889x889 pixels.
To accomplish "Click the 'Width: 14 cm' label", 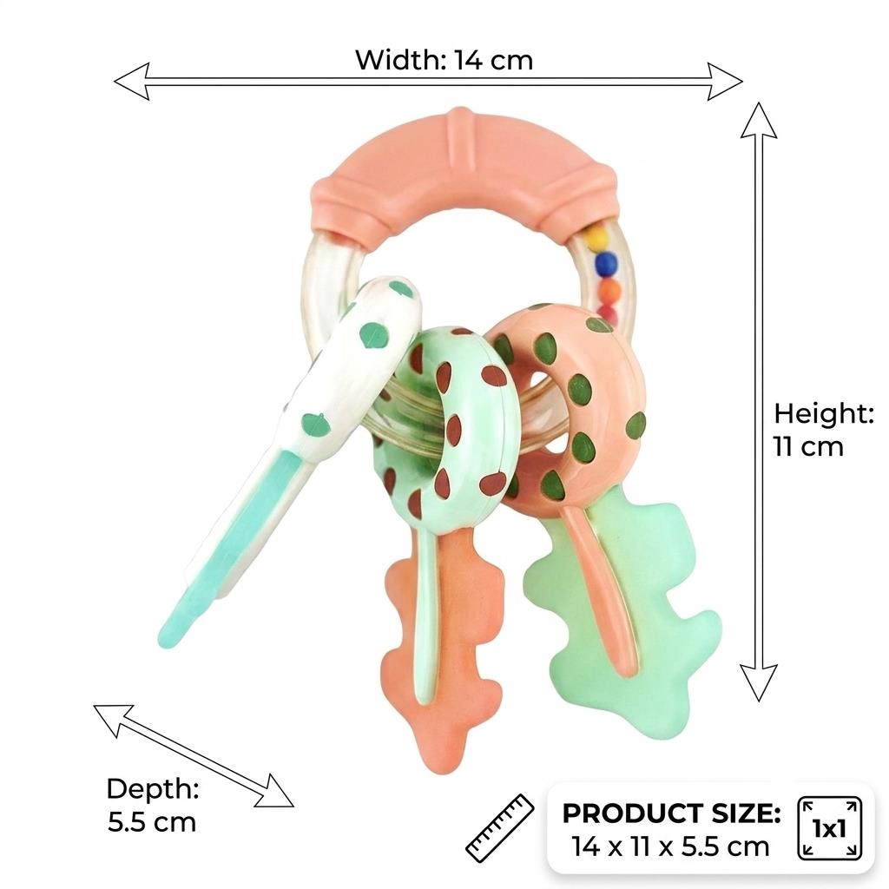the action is pos(444,60).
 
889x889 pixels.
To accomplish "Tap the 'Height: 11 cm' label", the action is pos(823,430).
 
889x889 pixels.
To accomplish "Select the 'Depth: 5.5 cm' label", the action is pos(153,805).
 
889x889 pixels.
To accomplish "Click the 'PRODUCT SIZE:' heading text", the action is pos(671,813).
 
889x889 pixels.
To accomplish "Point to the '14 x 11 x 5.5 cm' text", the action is pos(671,846).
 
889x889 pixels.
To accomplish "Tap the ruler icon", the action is pos(499,827).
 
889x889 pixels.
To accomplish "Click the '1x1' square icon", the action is pos(829,828).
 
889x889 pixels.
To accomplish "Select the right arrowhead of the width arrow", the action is pos(725,82).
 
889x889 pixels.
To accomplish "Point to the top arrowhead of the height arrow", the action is pos(759,120).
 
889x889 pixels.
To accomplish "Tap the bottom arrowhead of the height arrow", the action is pos(759,682).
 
